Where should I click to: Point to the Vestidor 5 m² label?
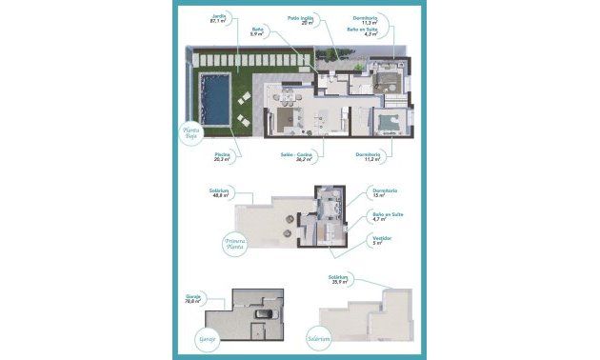378,240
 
